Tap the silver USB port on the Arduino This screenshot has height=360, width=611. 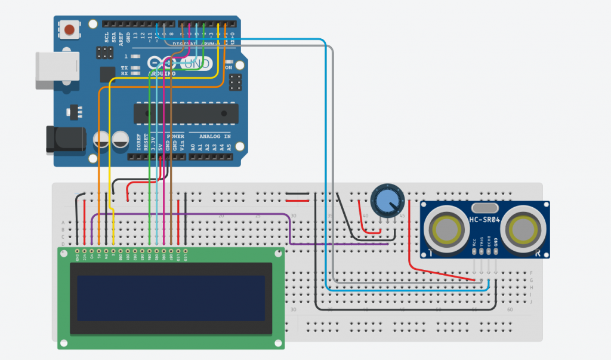click(x=57, y=70)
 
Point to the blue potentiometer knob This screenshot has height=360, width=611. click(x=386, y=200)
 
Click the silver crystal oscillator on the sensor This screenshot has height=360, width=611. click(x=485, y=208)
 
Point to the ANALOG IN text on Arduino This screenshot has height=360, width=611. click(x=210, y=136)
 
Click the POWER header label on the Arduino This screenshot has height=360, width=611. click(x=175, y=136)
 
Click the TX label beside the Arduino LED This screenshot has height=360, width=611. click(x=124, y=68)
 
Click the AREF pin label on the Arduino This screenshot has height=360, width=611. click(x=121, y=38)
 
